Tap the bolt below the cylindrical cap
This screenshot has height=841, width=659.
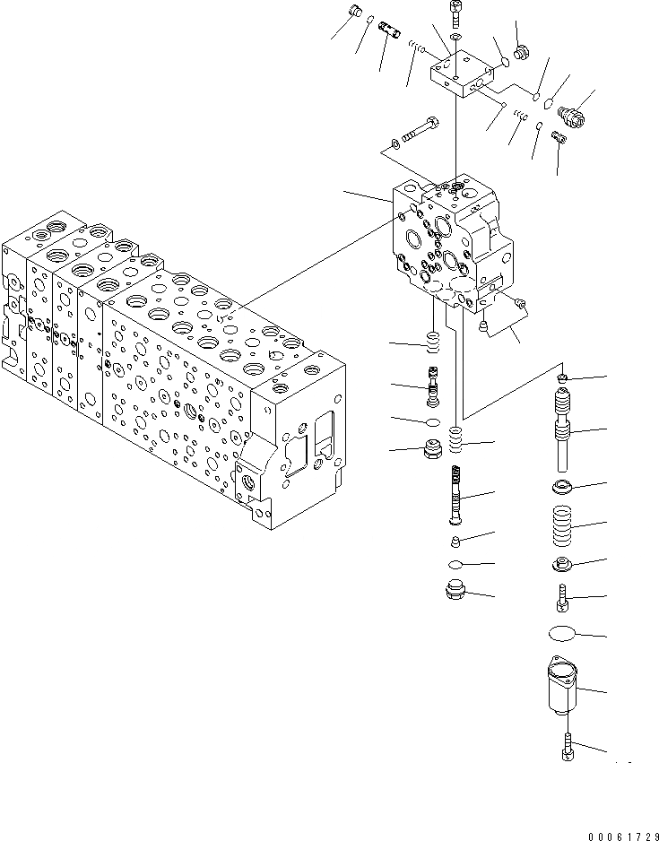pos(567,745)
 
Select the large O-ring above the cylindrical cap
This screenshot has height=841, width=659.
pos(563,634)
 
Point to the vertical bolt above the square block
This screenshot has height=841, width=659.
pos(456,13)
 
